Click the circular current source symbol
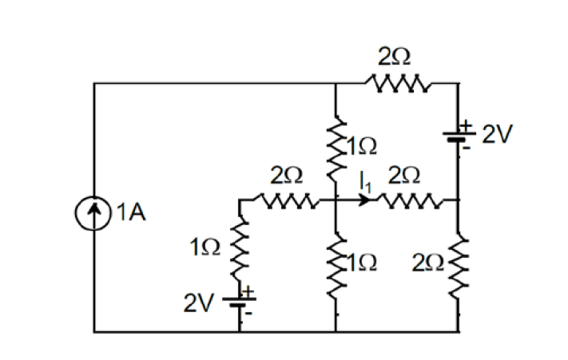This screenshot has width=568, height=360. point(94,212)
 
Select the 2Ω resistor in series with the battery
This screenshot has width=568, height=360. point(397,81)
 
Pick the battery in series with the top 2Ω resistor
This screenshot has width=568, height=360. point(458,135)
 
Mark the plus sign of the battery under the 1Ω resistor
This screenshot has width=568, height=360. point(248,293)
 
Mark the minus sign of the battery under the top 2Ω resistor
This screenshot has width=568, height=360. point(470,147)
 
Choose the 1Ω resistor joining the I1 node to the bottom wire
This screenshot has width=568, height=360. point(335,263)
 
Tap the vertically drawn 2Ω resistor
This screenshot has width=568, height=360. point(458,263)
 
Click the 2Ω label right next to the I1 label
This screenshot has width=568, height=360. point(403,176)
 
